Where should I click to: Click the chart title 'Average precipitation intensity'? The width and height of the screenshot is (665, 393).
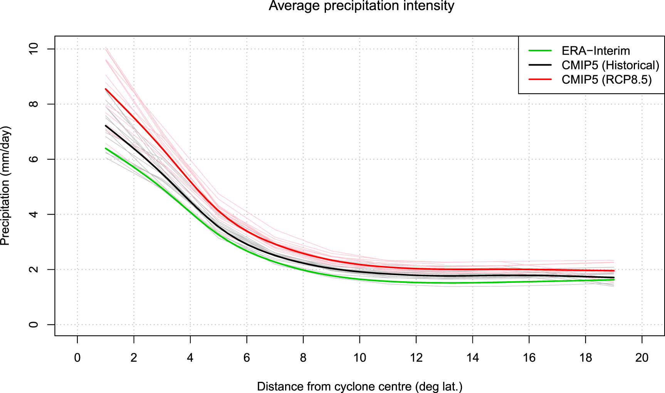click(x=361, y=6)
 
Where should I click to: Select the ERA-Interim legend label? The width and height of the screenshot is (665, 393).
click(x=596, y=51)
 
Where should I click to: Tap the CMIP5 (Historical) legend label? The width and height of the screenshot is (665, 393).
click(x=610, y=65)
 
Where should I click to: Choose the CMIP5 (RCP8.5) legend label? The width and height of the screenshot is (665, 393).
click(x=606, y=80)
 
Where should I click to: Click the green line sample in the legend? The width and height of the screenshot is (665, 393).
click(x=540, y=50)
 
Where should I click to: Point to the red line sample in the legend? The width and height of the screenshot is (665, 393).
click(x=540, y=80)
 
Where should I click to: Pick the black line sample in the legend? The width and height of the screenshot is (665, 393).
click(x=540, y=65)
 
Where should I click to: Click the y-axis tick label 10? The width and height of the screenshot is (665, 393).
click(x=34, y=49)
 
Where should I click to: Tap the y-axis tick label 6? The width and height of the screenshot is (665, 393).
click(x=34, y=159)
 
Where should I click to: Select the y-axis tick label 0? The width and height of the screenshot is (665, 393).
click(x=34, y=324)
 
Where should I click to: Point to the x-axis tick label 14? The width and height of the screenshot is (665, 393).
click(x=472, y=358)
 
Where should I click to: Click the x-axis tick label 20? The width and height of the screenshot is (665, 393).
click(x=642, y=358)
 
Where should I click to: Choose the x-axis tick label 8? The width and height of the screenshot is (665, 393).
click(x=303, y=358)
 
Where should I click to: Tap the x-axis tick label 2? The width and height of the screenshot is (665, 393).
click(x=134, y=358)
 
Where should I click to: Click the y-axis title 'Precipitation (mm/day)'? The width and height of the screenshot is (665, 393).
click(x=5, y=186)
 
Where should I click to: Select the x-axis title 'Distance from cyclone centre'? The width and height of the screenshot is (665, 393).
click(x=359, y=386)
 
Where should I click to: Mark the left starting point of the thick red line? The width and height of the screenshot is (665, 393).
click(x=106, y=89)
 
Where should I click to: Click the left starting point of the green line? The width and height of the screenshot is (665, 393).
click(x=106, y=148)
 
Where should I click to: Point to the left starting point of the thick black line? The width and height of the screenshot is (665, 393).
click(x=106, y=126)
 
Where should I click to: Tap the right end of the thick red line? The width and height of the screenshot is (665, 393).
click(x=614, y=271)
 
